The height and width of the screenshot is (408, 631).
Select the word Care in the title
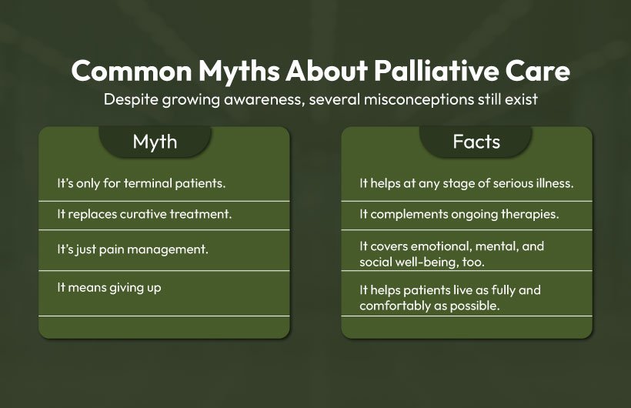pyautogui.click(x=533, y=72)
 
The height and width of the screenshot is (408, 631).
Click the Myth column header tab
pyautogui.click(x=155, y=142)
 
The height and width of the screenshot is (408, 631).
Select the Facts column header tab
pyautogui.click(x=476, y=142)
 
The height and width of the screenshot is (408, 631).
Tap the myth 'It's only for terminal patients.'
pyautogui.click(x=141, y=184)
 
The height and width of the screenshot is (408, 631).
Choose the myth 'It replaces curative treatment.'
pyautogui.click(x=145, y=214)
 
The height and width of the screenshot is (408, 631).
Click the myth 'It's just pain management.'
pyautogui.click(x=133, y=249)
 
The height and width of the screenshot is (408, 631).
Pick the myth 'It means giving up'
pyautogui.click(x=109, y=286)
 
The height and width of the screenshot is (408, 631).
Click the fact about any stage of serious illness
pyautogui.click(x=466, y=184)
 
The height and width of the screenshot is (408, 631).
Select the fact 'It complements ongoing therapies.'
pyautogui.click(x=459, y=214)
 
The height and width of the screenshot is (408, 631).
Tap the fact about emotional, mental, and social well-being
pyautogui.click(x=452, y=254)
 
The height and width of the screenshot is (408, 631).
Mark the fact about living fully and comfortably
pyautogui.click(x=450, y=297)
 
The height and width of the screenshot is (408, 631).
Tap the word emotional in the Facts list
pyautogui.click(x=447, y=247)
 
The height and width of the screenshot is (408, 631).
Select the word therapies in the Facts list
pyautogui.click(x=535, y=214)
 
